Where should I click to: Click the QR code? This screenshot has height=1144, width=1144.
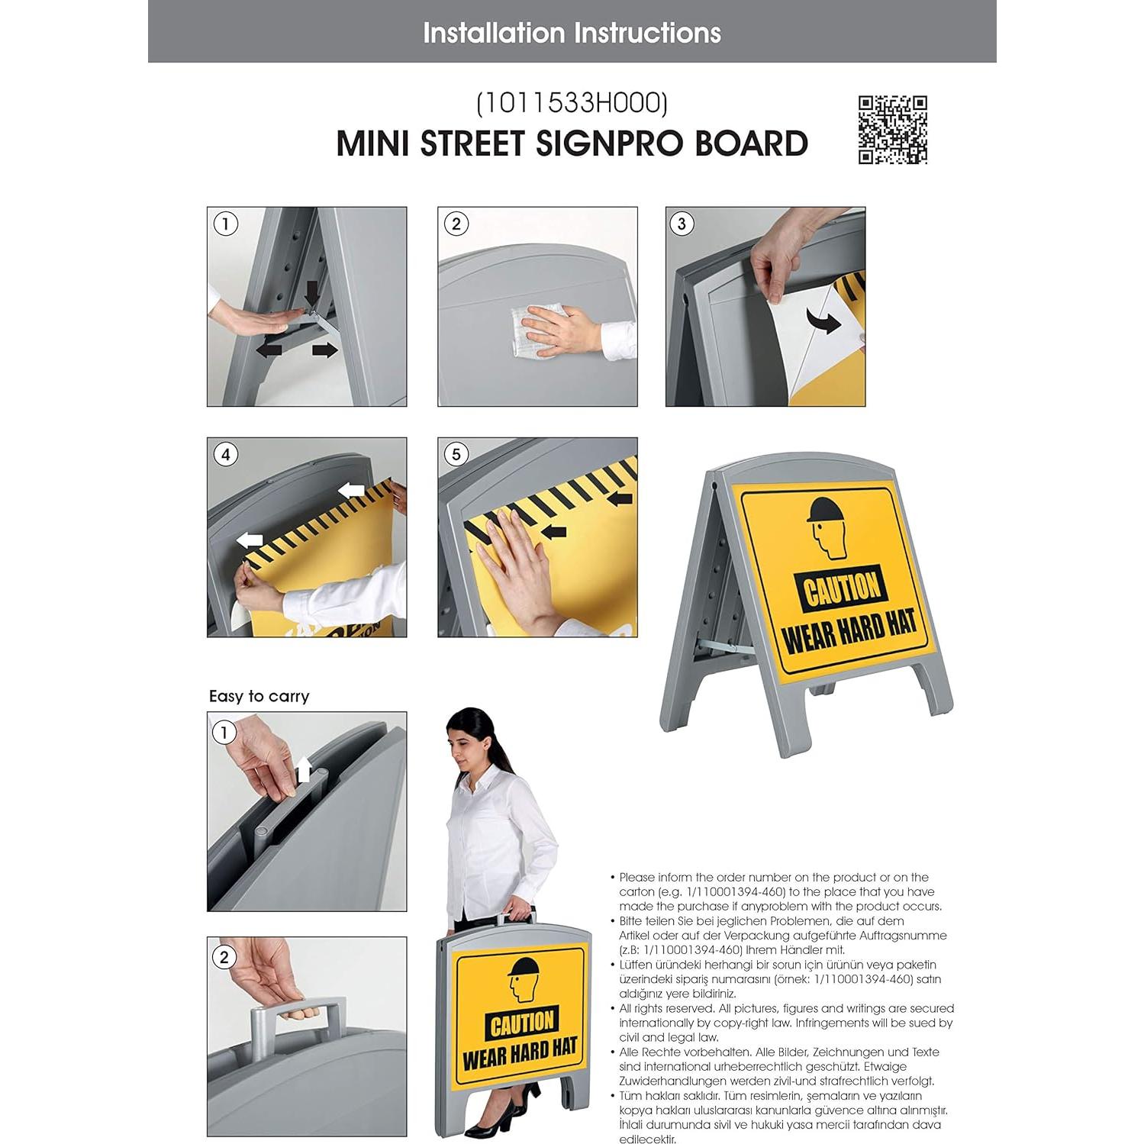(x=892, y=130)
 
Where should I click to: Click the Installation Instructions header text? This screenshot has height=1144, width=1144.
(x=572, y=33)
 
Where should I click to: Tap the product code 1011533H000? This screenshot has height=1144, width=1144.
(x=572, y=103)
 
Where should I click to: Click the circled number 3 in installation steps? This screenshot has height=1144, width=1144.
(x=682, y=224)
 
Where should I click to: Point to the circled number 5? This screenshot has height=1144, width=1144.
(x=456, y=455)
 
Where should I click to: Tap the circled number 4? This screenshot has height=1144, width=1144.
(x=225, y=455)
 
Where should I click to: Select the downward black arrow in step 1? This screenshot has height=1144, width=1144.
(x=311, y=291)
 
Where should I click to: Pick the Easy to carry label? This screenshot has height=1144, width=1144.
(x=259, y=696)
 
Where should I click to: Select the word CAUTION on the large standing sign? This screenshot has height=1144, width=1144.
(x=841, y=589)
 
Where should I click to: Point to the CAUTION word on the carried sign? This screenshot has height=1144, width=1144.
(x=523, y=1023)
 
